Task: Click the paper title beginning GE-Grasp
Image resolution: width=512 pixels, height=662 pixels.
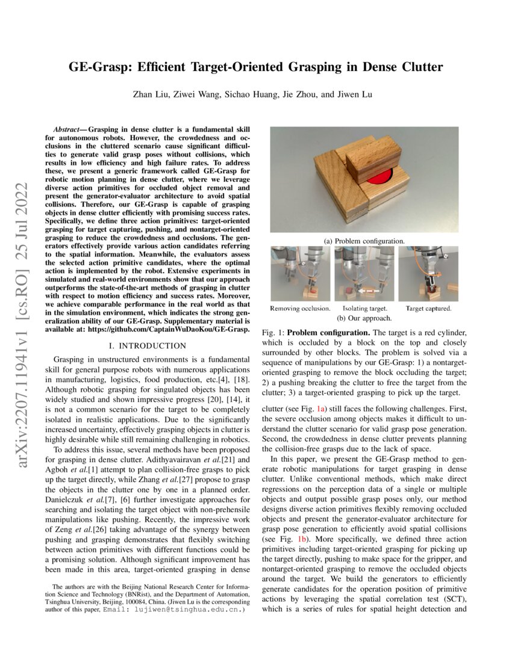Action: [x=256, y=67]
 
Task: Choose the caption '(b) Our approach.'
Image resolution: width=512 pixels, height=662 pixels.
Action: [x=364, y=317]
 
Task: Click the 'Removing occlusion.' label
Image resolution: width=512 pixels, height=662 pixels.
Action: [x=299, y=308]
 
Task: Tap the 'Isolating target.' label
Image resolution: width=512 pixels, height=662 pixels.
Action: [x=365, y=308]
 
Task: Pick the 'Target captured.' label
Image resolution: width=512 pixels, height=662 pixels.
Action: [x=428, y=308]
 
